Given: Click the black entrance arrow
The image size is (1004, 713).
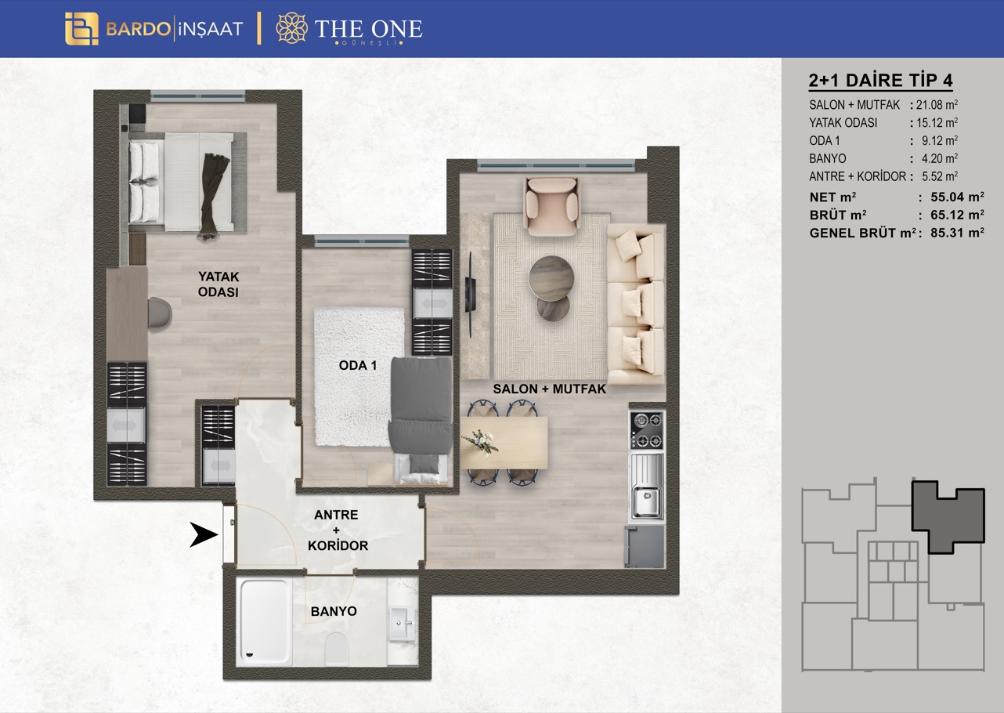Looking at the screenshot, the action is (x=204, y=534).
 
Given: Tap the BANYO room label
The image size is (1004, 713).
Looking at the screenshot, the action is (x=334, y=611).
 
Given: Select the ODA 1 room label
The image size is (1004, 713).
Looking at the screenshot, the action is (x=358, y=365).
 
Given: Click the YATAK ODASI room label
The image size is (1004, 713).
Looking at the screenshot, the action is (x=218, y=284).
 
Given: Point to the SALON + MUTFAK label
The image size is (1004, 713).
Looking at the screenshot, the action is (x=550, y=389).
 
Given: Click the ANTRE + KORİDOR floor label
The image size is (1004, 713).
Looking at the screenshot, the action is (x=337, y=530).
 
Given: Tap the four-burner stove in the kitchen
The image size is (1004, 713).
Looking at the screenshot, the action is (x=647, y=430).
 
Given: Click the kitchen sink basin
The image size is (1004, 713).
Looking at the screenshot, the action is (x=646, y=501).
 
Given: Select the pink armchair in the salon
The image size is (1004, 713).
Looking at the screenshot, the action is (x=552, y=206).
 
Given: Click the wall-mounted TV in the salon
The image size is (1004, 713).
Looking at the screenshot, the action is (x=470, y=294).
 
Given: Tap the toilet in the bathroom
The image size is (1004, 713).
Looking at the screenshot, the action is (x=337, y=649).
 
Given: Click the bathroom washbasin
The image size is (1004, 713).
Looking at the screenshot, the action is (x=402, y=622).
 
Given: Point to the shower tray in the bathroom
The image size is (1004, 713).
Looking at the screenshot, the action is (x=265, y=621).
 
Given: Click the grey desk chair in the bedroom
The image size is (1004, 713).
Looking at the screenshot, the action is (x=160, y=313).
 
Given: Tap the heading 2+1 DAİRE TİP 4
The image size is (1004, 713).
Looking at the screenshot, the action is (x=880, y=80).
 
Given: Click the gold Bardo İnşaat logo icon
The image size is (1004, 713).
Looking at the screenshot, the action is (x=81, y=29).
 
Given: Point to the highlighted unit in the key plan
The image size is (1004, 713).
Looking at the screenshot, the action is (x=947, y=516).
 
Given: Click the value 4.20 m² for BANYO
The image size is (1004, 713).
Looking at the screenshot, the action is (x=940, y=158).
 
